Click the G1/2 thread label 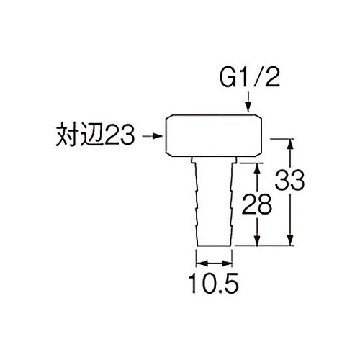point(250,78)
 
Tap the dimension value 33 point(289,180)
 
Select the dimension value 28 point(257,204)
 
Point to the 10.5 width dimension point(213,283)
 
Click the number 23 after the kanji point(120,136)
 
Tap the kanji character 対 point(68,135)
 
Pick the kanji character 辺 point(93,135)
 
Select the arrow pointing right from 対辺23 point(153,136)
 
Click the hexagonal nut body point(214,135)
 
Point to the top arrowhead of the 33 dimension point(290,144)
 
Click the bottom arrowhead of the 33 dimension point(290,240)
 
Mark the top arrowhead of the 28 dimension point(257,168)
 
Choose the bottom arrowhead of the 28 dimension point(257,240)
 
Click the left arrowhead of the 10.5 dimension point(202,264)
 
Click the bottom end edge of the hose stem point(215,246)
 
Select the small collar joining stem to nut point(214,160)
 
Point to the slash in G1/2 point(260,78)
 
